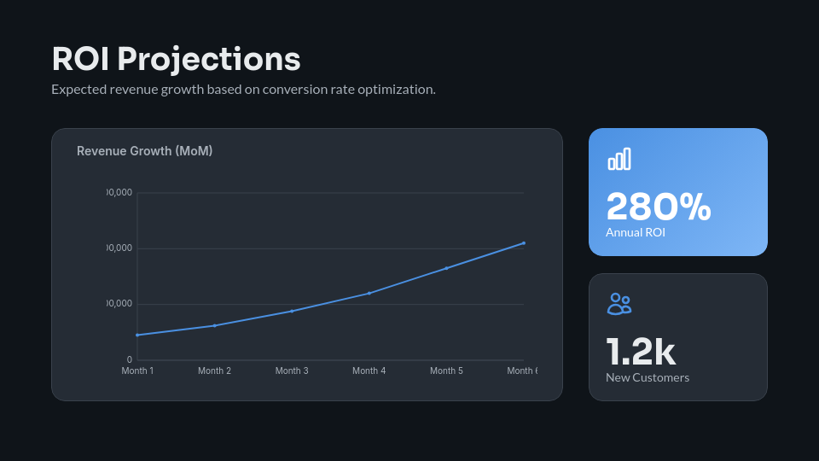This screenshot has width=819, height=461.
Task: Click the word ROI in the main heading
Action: coord(80,59)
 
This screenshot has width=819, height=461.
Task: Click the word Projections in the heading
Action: coord(209,59)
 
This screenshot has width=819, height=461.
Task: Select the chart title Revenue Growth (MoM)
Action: coord(144,151)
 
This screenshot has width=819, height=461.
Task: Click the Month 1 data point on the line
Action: coord(137,335)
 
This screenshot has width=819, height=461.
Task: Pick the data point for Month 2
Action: coord(215,325)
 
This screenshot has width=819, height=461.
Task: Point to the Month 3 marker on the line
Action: coord(292,311)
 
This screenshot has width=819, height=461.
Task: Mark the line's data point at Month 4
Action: coord(369,293)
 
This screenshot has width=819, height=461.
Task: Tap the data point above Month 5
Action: coord(446,268)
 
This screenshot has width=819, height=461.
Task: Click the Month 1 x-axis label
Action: coord(137,371)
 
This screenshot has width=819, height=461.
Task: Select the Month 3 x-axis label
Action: coord(292,371)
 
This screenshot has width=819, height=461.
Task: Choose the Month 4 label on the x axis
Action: coord(369,371)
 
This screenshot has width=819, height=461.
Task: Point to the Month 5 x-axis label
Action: coord(446,371)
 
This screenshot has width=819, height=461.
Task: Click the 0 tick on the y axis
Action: coord(130,359)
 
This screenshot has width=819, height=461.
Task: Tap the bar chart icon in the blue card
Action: coord(619,159)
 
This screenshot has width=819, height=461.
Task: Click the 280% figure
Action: coord(658,207)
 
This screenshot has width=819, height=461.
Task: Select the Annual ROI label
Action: coord(635,232)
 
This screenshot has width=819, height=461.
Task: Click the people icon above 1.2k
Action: coord(619,304)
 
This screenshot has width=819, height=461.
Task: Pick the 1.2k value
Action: coord(640,352)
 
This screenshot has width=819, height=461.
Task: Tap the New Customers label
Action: coord(647,377)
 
